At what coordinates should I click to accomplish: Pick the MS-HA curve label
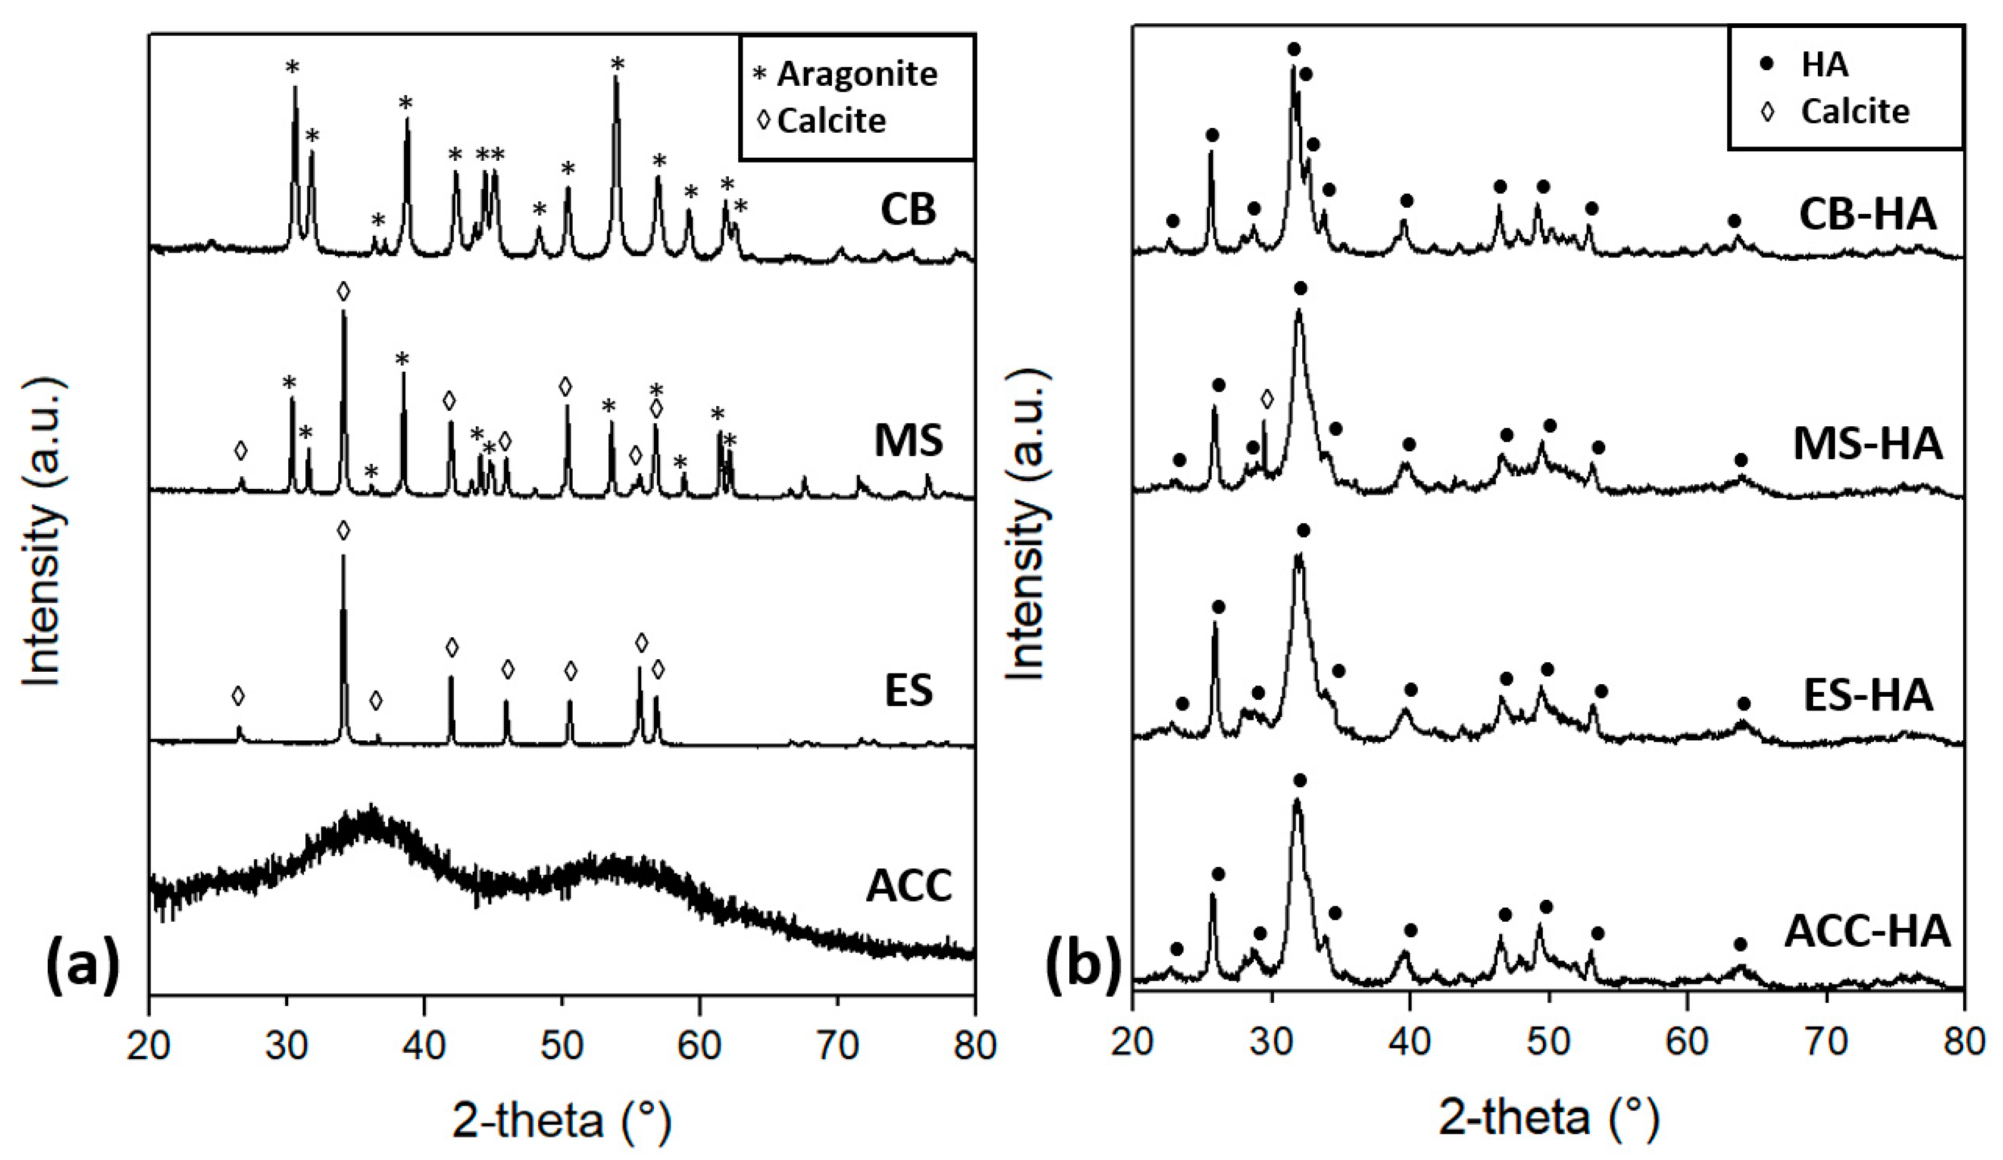pyautogui.click(x=1867, y=444)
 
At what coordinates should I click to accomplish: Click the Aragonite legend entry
pyautogui.click(x=856, y=74)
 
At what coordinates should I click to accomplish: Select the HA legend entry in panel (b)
pyautogui.click(x=1824, y=64)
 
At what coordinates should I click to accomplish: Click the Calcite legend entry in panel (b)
pyautogui.click(x=1854, y=111)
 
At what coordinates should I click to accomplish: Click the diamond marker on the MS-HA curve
pyautogui.click(x=1266, y=398)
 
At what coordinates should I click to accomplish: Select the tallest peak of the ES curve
pyautogui.click(x=344, y=557)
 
